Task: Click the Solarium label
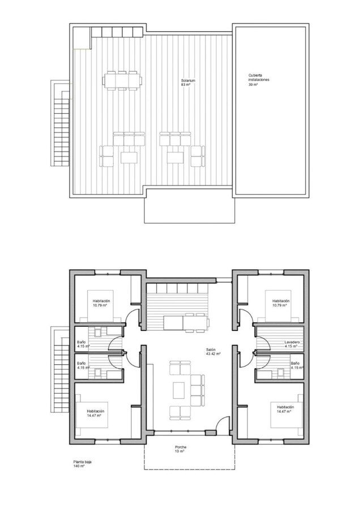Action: click(x=188, y=81)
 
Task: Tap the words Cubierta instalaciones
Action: click(x=258, y=77)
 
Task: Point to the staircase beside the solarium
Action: click(x=59, y=123)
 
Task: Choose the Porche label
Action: click(x=181, y=447)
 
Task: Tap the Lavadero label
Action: click(x=292, y=343)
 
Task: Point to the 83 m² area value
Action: click(x=185, y=85)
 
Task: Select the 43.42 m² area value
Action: click(x=213, y=355)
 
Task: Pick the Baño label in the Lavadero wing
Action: click(x=295, y=363)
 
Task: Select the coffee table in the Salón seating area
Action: click(x=179, y=389)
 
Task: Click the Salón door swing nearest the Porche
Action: click(x=224, y=424)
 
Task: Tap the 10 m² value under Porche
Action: click(x=181, y=451)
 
